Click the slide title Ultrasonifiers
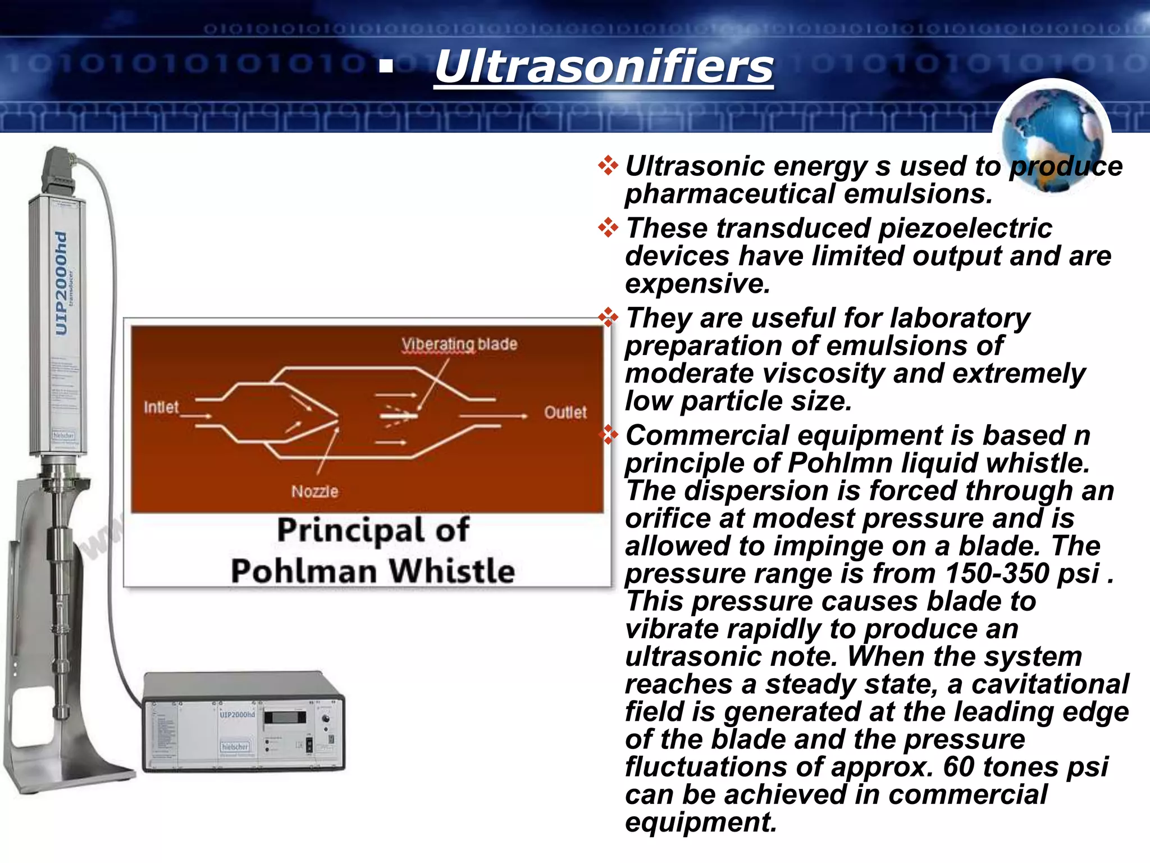click(604, 67)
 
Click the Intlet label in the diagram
click(161, 407)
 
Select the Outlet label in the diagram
click(565, 412)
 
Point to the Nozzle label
click(314, 492)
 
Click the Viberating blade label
click(459, 344)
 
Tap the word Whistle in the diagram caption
click(452, 571)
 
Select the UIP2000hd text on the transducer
click(62, 284)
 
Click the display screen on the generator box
click(285, 717)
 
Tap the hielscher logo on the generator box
click(235, 747)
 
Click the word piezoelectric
click(965, 229)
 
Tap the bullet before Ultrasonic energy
click(608, 166)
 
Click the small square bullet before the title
click(386, 67)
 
